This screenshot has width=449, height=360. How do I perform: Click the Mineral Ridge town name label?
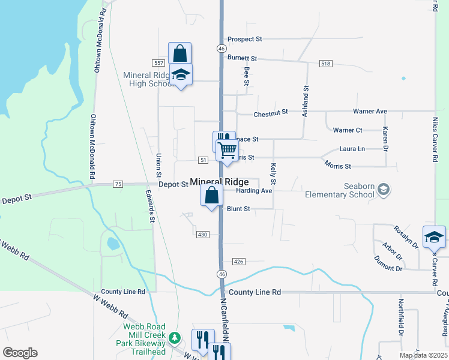pos(219,182)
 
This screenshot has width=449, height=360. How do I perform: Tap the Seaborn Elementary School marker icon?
pos(383,190)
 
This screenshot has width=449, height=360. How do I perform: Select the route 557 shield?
pos(158,63)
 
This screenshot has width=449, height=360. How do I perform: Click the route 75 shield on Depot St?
pos(117,184)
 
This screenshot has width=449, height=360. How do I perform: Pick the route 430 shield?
pos(202,234)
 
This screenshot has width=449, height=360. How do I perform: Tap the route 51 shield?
pos(203,160)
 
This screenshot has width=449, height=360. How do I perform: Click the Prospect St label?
pos(245,39)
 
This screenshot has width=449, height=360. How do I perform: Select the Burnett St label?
pos(242,58)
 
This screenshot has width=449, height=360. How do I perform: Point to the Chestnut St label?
pos(271,112)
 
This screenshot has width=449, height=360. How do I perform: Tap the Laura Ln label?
pos(352,148)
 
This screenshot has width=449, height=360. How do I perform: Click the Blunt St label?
pos(238,209)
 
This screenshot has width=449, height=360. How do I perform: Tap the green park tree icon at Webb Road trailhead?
pos(174,338)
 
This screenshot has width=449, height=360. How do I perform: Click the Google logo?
pos(20,353)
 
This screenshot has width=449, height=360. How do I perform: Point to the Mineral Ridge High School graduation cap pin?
pos(181,75)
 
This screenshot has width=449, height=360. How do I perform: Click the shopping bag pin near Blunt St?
pos(211,195)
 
